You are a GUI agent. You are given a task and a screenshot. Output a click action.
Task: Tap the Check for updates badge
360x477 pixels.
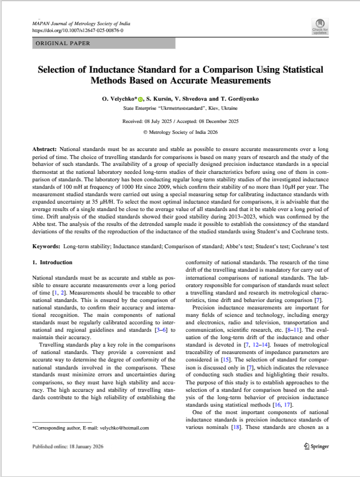pos(320,26)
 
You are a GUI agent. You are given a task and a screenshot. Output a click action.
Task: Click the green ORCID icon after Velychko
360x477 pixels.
pos(140,100)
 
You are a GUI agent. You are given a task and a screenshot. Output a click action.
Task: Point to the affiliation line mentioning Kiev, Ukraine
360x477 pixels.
pos(180,108)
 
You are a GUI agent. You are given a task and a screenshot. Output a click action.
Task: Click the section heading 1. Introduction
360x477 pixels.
pos(52,263)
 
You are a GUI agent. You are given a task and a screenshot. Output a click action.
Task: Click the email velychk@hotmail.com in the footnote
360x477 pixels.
pos(121,427)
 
